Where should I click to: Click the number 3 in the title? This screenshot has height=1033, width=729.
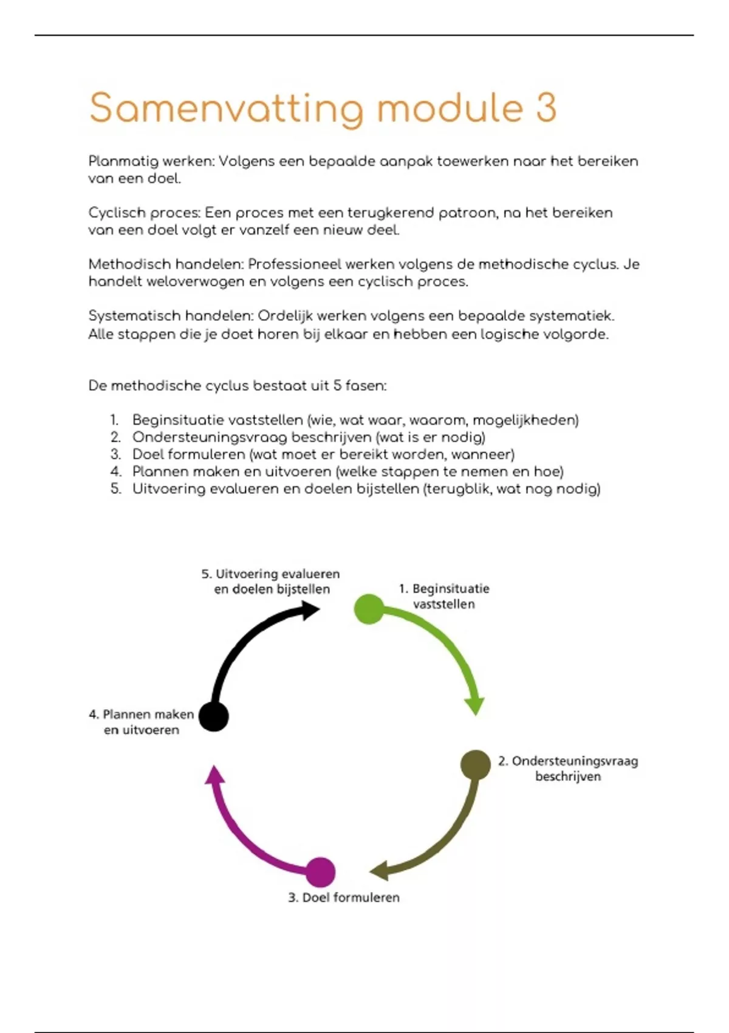tap(546, 108)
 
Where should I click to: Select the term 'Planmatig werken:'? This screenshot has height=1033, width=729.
tap(151, 162)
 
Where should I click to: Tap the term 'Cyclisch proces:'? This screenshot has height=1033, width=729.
tap(144, 213)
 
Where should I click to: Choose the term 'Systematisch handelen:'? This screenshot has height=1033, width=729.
tap(171, 316)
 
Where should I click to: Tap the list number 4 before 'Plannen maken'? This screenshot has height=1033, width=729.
tap(116, 472)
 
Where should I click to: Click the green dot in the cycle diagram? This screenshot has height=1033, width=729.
tap(369, 609)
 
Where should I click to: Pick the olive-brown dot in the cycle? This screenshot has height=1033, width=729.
tap(475, 764)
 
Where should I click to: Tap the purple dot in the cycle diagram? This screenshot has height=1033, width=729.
tap(320, 872)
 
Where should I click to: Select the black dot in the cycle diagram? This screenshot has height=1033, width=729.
tap(214, 716)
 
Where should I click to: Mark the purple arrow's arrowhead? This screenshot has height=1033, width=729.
tap(214, 775)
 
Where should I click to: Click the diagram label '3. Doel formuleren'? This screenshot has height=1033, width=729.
tap(344, 897)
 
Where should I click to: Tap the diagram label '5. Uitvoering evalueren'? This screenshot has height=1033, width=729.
tap(270, 574)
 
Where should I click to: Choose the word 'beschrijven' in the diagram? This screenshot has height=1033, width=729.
tap(568, 777)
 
